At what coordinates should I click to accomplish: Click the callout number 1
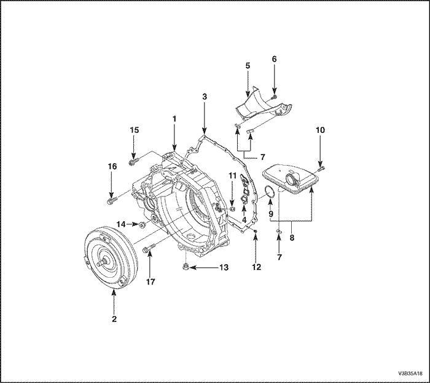click(x=174, y=118)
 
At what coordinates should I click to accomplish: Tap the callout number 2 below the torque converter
click(x=114, y=319)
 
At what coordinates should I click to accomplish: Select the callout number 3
click(x=204, y=97)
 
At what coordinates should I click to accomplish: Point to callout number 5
click(x=248, y=65)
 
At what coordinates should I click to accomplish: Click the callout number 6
click(x=275, y=59)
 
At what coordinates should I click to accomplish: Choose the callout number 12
click(x=256, y=267)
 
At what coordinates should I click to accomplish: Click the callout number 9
click(x=270, y=214)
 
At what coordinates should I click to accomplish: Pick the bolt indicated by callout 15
click(x=133, y=162)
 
